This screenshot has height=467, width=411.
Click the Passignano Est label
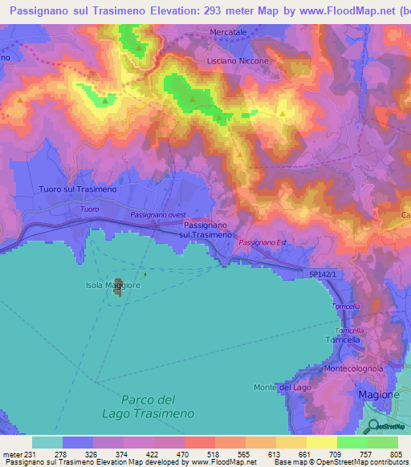pos(262,242)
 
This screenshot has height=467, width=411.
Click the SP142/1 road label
pos(325,274)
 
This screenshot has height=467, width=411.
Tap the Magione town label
pos(377,395)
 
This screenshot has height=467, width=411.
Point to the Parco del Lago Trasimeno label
pos(159,406)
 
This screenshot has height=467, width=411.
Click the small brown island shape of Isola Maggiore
pos(118,287)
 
